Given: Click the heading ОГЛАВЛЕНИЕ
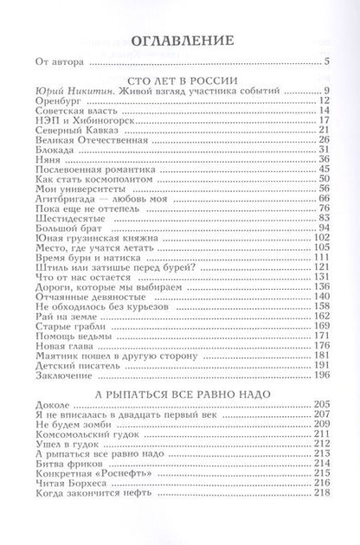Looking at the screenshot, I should click(x=179, y=40).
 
